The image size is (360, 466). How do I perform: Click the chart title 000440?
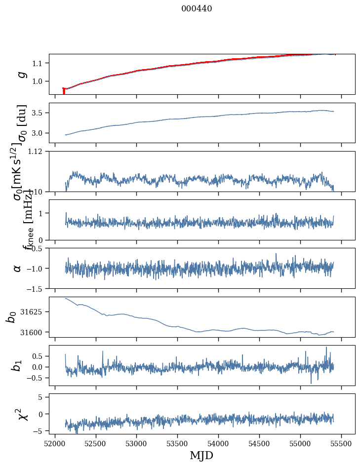pyautogui.click(x=197, y=8)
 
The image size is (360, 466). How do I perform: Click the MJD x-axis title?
pyautogui.click(x=201, y=455)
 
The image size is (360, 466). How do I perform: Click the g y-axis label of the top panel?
pyautogui.click(x=21, y=74)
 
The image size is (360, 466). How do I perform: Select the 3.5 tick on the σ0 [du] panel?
pyautogui.click(x=40, y=113)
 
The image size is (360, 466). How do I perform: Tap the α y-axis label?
pyautogui.click(x=18, y=268)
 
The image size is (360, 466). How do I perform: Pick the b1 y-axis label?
pyautogui.click(x=17, y=365)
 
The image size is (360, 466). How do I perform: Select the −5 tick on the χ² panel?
pyautogui.click(x=41, y=431)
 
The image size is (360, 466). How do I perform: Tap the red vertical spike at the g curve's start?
pyautogui.click(x=64, y=91)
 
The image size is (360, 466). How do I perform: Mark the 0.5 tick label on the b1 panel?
pyautogui.click(x=40, y=356)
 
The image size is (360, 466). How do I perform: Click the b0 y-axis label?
pyautogui.click(x=11, y=317)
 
